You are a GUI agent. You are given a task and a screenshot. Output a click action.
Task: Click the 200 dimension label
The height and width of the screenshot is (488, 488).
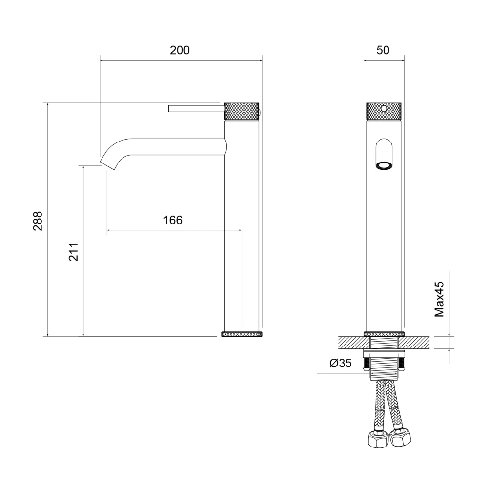pos(180,50)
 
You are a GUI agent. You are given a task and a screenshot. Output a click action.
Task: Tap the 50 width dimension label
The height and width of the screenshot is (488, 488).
pos(383,50)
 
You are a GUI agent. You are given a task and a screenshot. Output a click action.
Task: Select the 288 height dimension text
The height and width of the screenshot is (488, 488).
pos(38,221)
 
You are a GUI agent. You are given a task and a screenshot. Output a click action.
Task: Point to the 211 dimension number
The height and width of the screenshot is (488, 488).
pos(74,252)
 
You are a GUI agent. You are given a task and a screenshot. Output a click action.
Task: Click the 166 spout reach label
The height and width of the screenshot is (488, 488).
pos(173,220)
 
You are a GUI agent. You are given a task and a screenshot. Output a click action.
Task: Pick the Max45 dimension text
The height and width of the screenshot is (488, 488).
pos(439,299)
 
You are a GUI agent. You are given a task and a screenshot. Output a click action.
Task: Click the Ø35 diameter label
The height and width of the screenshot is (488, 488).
pos(341,363)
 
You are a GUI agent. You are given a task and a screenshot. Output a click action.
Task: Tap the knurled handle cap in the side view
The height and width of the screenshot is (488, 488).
pos(242,111)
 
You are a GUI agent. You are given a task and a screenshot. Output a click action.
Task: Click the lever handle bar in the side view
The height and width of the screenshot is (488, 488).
pos(196,109)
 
